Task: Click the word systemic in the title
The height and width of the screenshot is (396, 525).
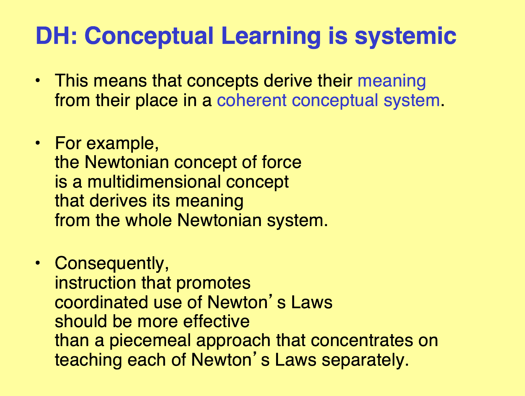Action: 406,36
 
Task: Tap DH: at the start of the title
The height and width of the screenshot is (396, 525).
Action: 56,36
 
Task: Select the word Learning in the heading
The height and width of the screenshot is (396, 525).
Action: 271,36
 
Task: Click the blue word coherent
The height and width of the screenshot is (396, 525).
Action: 252,100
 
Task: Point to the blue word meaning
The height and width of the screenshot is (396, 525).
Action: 392,81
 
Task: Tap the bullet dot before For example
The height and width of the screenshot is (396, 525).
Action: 38,143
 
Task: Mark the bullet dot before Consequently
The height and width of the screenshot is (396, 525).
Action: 38,263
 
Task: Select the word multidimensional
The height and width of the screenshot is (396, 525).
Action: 154,182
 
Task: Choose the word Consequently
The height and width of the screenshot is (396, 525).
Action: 112,263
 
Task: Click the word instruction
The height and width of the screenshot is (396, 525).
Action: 96,283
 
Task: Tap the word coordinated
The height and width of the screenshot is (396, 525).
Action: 102,302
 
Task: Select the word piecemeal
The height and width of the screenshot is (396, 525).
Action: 150,341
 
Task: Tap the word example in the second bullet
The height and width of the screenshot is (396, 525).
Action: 122,144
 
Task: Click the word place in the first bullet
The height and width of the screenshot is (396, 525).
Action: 157,100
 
